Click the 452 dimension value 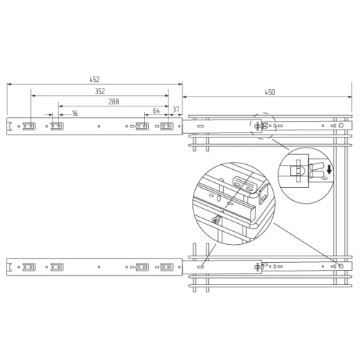point(94,79)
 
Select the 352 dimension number point(100,91)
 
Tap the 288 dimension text point(114,102)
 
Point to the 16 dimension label point(75,113)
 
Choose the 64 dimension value point(156,111)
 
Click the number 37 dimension point(176,109)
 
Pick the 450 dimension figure point(270,92)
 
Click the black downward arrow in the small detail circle point(329,169)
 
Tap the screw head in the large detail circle point(215,220)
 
